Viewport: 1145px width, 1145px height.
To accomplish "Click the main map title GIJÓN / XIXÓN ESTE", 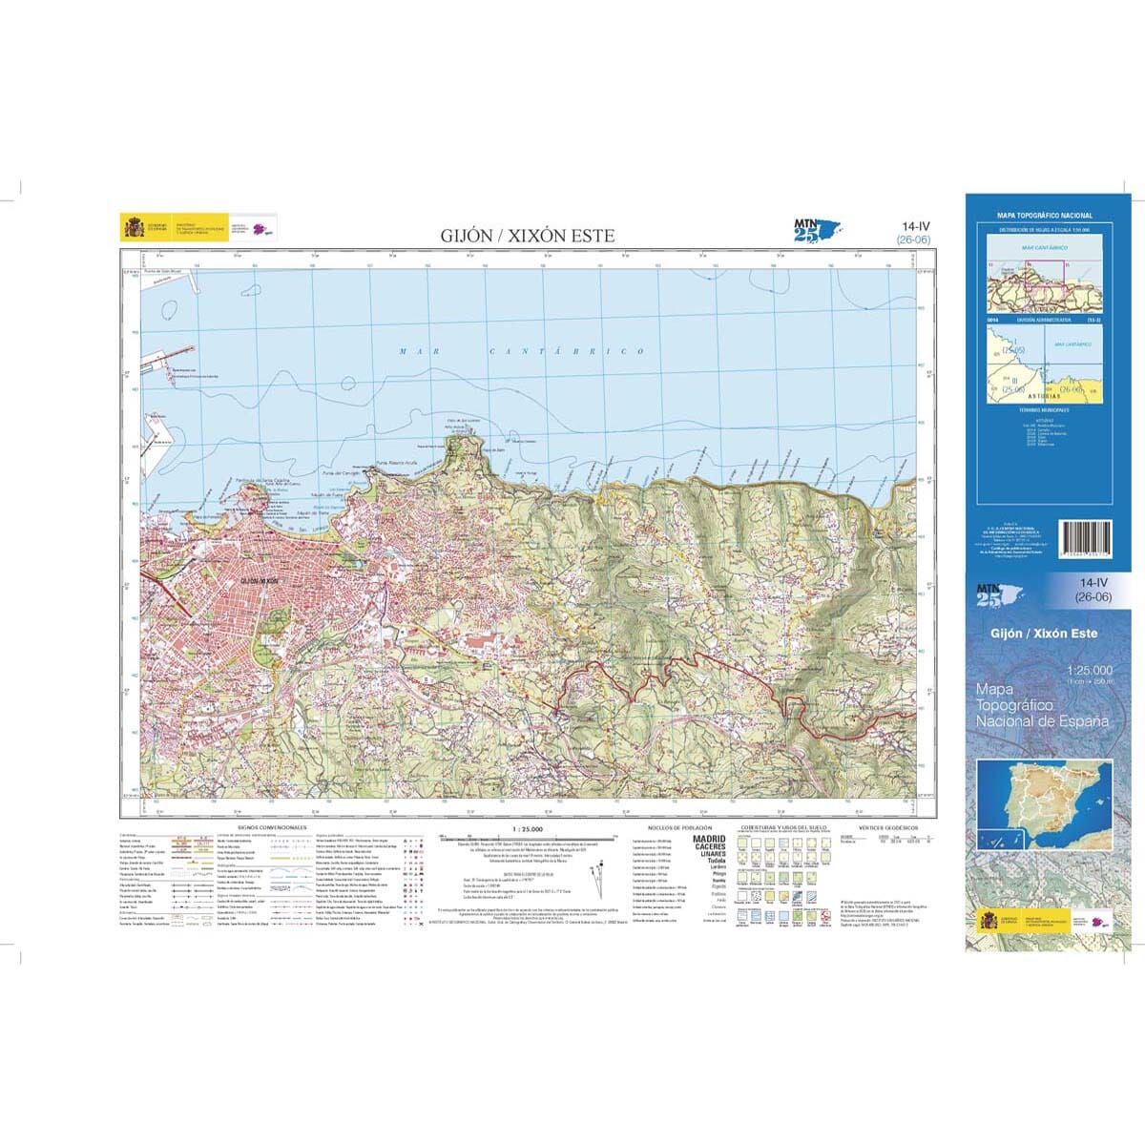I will click(527, 236).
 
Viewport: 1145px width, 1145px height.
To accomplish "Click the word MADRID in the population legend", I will click(709, 839).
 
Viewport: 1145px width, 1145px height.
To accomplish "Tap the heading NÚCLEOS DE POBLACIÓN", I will click(679, 826).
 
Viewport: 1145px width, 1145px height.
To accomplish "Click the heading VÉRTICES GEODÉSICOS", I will click(887, 826).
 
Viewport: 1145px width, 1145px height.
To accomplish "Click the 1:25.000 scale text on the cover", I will click(1088, 672).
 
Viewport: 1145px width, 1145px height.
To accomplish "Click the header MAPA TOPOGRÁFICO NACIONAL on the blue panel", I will click(1044, 217).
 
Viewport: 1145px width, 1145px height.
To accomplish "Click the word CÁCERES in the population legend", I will click(709, 847).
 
